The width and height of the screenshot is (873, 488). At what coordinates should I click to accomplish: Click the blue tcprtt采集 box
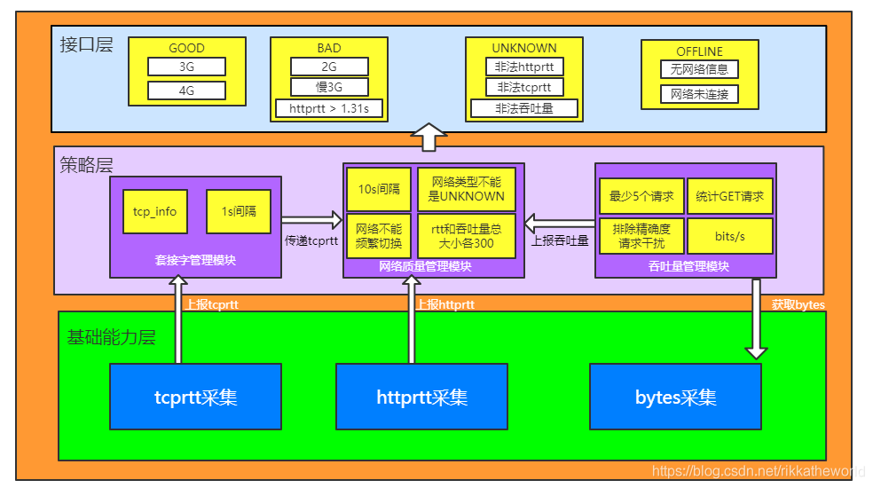pos(195,397)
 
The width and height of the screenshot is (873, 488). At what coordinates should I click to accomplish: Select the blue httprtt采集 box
pos(421,397)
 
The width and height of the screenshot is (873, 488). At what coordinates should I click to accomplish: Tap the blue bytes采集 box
pos(675,397)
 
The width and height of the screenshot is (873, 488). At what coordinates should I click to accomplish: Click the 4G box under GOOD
pos(186,90)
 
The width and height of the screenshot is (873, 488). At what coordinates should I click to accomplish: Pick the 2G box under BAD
pos(329,67)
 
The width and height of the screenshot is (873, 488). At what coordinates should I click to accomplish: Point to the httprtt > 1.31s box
pos(329,109)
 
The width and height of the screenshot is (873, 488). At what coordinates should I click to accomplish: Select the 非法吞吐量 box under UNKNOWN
pos(524,108)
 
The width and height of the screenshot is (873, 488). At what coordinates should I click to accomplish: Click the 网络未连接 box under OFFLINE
pos(699,94)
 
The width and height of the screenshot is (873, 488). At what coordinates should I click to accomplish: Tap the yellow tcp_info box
pos(154,211)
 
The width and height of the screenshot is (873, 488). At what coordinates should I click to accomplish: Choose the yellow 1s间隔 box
pos(238,211)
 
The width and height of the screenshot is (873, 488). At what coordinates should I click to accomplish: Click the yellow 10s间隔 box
pos(379,189)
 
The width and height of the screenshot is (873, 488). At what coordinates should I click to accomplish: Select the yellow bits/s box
pos(730,236)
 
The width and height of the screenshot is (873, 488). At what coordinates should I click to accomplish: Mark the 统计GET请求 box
pos(730,196)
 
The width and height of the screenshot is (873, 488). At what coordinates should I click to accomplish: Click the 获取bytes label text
pos(798,304)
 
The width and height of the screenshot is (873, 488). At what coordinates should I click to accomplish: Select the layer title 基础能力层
pos(111,337)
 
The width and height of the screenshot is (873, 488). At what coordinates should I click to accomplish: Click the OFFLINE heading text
pos(699,51)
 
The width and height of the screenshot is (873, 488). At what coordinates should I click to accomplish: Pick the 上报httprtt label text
pos(444,304)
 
